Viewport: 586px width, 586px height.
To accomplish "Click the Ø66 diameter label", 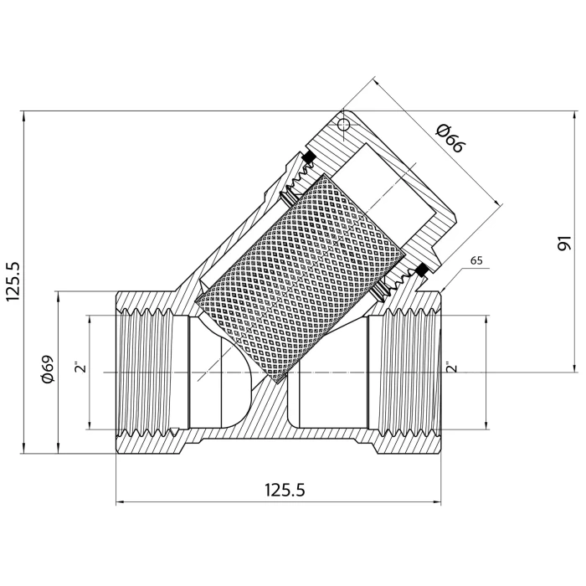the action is pos(450,139).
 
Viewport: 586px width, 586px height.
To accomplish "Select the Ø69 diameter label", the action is pos(49,369).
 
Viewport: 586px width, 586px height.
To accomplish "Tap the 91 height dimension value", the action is pos(564,243).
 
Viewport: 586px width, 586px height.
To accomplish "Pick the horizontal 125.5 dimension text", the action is pos(285,490).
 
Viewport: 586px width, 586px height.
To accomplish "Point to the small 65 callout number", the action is pos(476,260).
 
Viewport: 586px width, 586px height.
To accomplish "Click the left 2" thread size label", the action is pos(80,367).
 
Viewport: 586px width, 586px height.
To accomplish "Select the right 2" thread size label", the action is pos(452,367).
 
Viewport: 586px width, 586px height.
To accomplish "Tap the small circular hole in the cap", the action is pos(343,125).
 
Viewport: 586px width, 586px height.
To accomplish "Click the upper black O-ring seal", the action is pos(309,157).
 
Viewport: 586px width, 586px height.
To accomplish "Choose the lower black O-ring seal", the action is pos(421,270).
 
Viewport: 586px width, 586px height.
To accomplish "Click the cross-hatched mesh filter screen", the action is pos(300,279).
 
